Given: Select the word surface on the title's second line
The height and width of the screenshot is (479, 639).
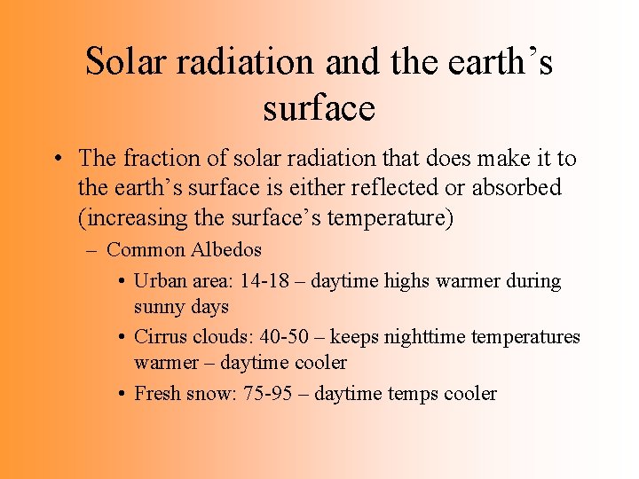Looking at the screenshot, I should [319, 108].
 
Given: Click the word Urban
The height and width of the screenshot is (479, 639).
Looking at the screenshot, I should [159, 281].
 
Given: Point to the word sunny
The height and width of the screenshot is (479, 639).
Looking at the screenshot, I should [158, 307].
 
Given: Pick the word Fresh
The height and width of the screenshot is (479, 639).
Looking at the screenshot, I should [157, 394].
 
